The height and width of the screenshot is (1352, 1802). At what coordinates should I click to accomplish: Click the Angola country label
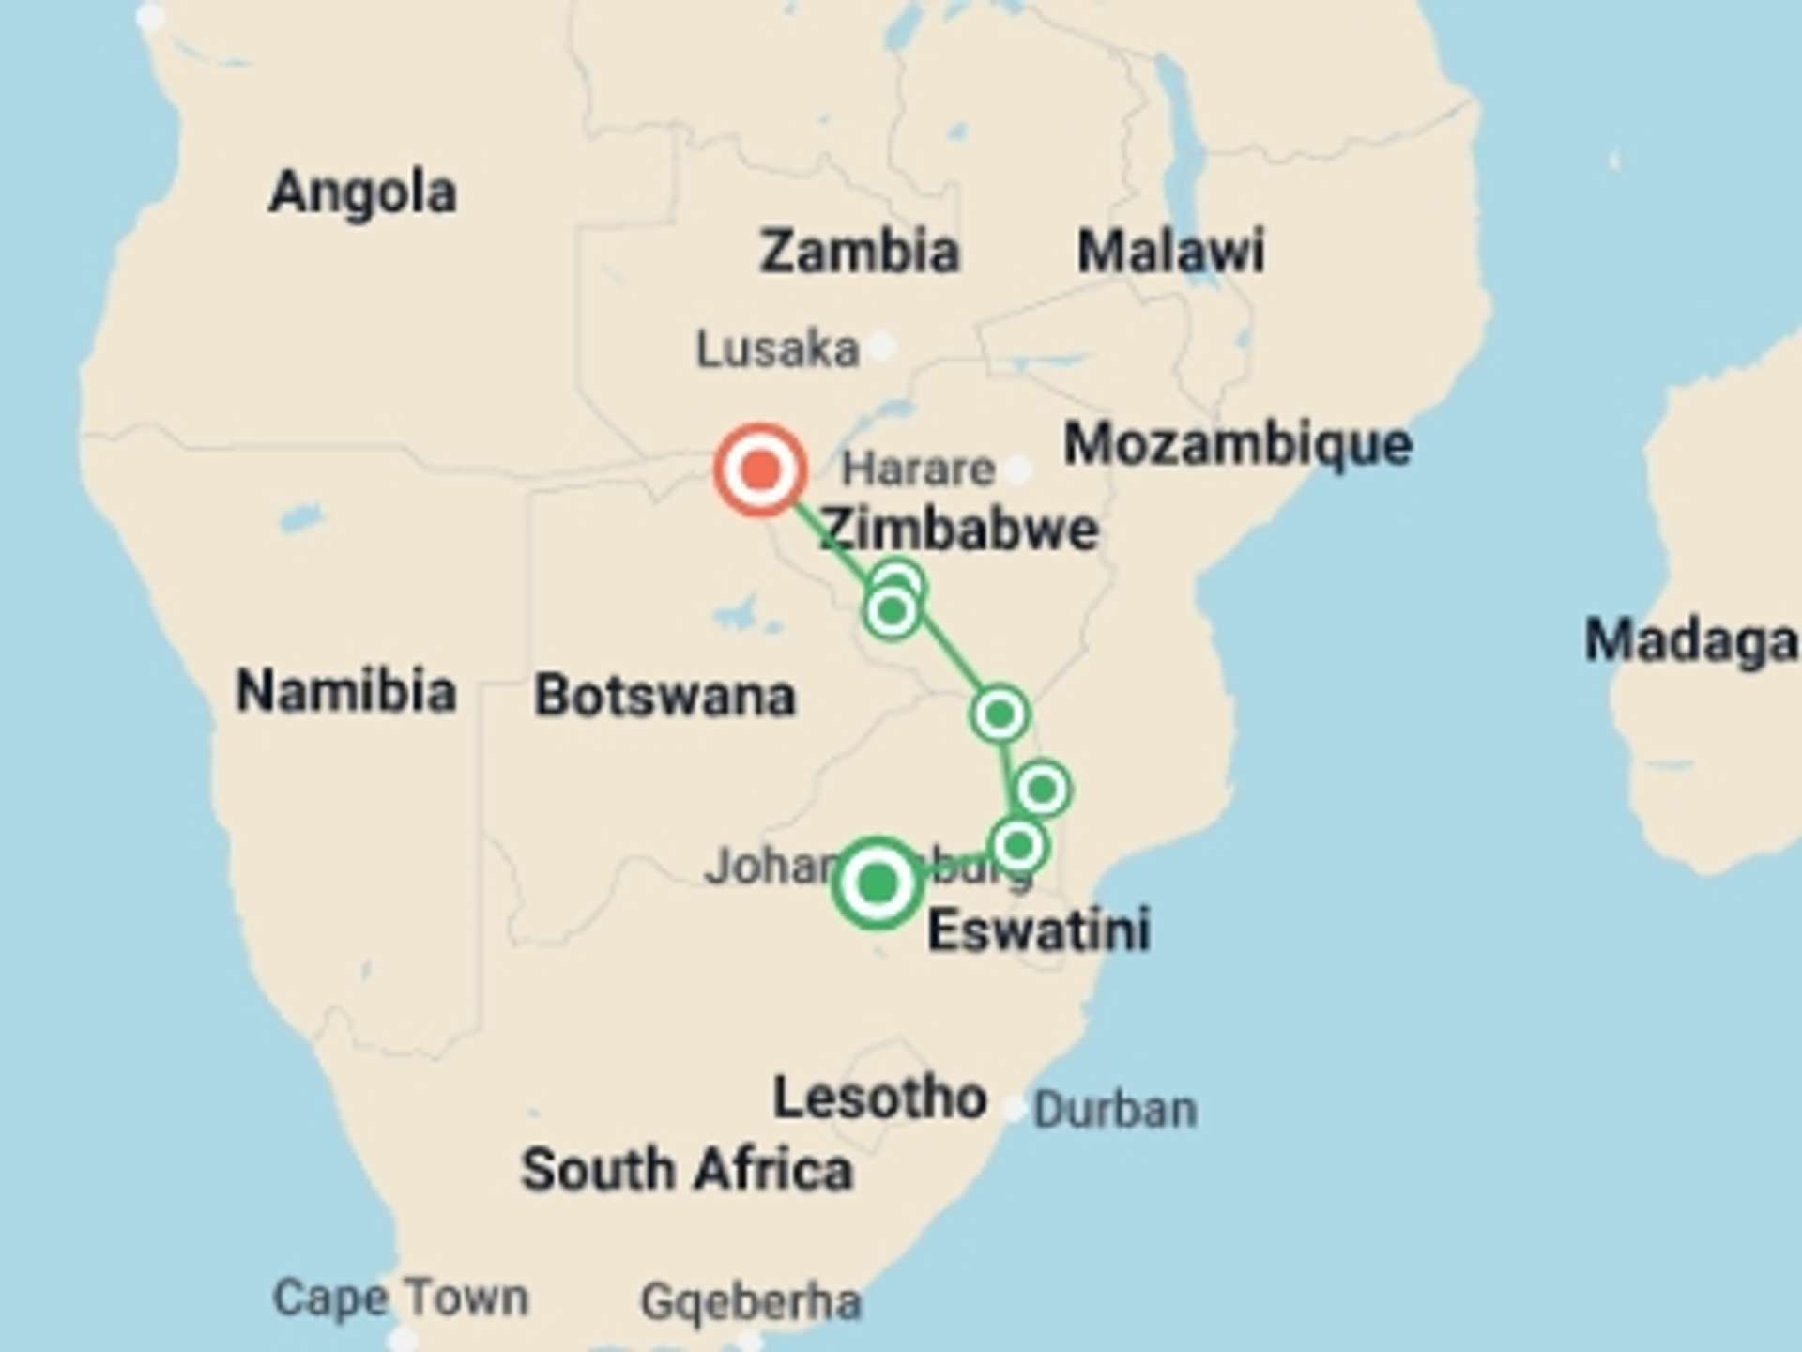362,193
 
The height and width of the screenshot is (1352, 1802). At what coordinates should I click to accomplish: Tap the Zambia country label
859,252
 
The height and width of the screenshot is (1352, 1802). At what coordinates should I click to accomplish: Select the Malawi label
1170,252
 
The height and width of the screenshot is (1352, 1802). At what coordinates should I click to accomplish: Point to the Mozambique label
1237,444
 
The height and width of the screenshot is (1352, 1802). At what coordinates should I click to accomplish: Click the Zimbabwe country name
959,530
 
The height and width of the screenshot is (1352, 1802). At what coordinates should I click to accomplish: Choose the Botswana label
664,696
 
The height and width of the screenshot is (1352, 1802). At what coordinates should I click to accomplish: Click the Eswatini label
1038,930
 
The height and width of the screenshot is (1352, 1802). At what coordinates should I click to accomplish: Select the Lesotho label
879,1098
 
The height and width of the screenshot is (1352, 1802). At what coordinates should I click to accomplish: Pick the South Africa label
687,1170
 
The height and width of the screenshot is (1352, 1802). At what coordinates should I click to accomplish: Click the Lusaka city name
777,350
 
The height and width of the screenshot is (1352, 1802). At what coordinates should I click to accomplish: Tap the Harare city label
918,469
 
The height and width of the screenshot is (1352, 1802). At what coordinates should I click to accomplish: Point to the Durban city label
1115,1111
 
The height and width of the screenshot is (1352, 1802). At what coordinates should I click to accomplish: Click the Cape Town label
401,1298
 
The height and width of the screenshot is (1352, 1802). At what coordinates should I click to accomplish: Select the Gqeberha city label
750,1302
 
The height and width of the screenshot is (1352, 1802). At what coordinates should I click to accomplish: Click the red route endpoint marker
760,469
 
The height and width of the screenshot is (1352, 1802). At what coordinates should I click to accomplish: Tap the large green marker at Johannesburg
878,883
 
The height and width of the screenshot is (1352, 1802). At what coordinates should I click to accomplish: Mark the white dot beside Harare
1018,469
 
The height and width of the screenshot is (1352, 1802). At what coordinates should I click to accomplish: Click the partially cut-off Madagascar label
1689,641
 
